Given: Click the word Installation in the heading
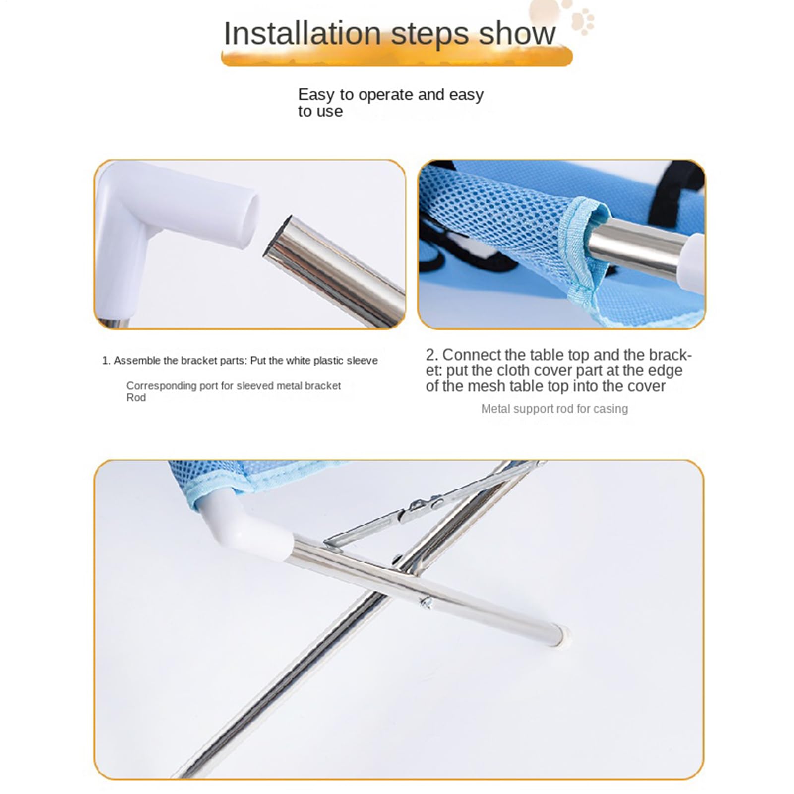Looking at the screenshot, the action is tap(303, 33).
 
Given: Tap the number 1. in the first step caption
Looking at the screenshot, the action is tap(106, 361).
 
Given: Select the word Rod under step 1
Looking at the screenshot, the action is tap(136, 398).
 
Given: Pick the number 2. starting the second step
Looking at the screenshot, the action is tap(432, 355).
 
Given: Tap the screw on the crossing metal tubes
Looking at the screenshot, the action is tap(426, 602).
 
